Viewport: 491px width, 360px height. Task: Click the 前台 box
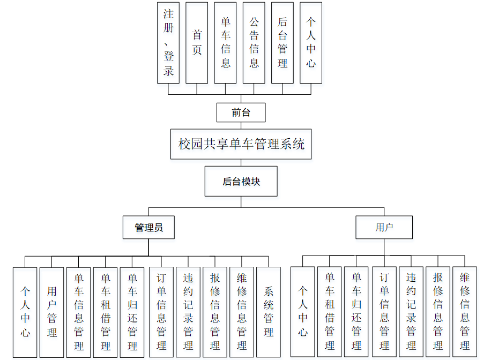tap(241, 112)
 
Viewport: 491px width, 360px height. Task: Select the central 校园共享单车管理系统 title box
tap(241, 144)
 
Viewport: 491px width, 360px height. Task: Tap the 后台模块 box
tap(241, 182)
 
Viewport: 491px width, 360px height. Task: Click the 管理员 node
tap(148, 227)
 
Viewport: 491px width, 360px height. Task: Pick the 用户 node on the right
tap(384, 227)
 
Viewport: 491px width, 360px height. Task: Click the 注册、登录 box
tap(168, 42)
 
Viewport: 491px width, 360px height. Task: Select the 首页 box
tap(197, 42)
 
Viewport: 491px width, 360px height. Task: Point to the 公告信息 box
tap(254, 42)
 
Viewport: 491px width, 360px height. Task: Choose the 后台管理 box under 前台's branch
tap(282, 42)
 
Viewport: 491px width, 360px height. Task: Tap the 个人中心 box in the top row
tap(311, 42)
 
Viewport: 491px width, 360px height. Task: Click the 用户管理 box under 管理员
tap(52, 312)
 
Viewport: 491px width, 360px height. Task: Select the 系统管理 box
tap(269, 312)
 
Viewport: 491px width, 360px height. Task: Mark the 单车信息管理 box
tap(79, 312)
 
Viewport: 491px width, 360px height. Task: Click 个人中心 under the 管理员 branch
tap(25, 312)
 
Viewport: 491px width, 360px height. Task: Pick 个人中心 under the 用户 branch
tap(303, 312)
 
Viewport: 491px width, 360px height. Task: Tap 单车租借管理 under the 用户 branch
tap(330, 312)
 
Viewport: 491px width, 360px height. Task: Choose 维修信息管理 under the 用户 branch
tap(465, 312)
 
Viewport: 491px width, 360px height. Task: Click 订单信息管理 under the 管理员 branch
tap(161, 312)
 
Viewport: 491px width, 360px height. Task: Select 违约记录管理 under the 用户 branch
tap(411, 312)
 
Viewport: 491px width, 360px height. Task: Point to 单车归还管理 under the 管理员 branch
tap(132, 312)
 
